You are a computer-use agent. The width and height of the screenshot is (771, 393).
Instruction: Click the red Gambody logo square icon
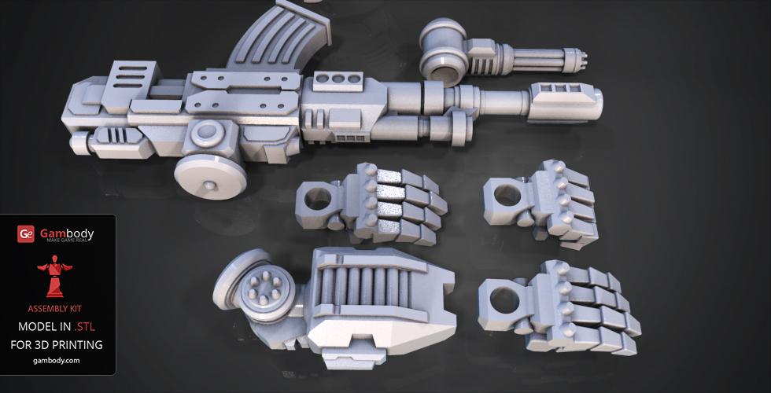[x=25, y=234]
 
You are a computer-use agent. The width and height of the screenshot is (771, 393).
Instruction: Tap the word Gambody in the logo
[x=67, y=233]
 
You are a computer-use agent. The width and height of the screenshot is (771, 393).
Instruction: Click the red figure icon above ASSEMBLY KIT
[x=54, y=276]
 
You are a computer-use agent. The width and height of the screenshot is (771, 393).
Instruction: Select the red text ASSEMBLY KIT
[x=54, y=309]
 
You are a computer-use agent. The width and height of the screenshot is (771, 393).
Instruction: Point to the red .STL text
[x=84, y=327]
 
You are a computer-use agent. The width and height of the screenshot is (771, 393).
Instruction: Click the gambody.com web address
[x=57, y=360]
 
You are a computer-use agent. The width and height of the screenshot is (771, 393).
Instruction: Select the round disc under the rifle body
[x=211, y=176]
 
